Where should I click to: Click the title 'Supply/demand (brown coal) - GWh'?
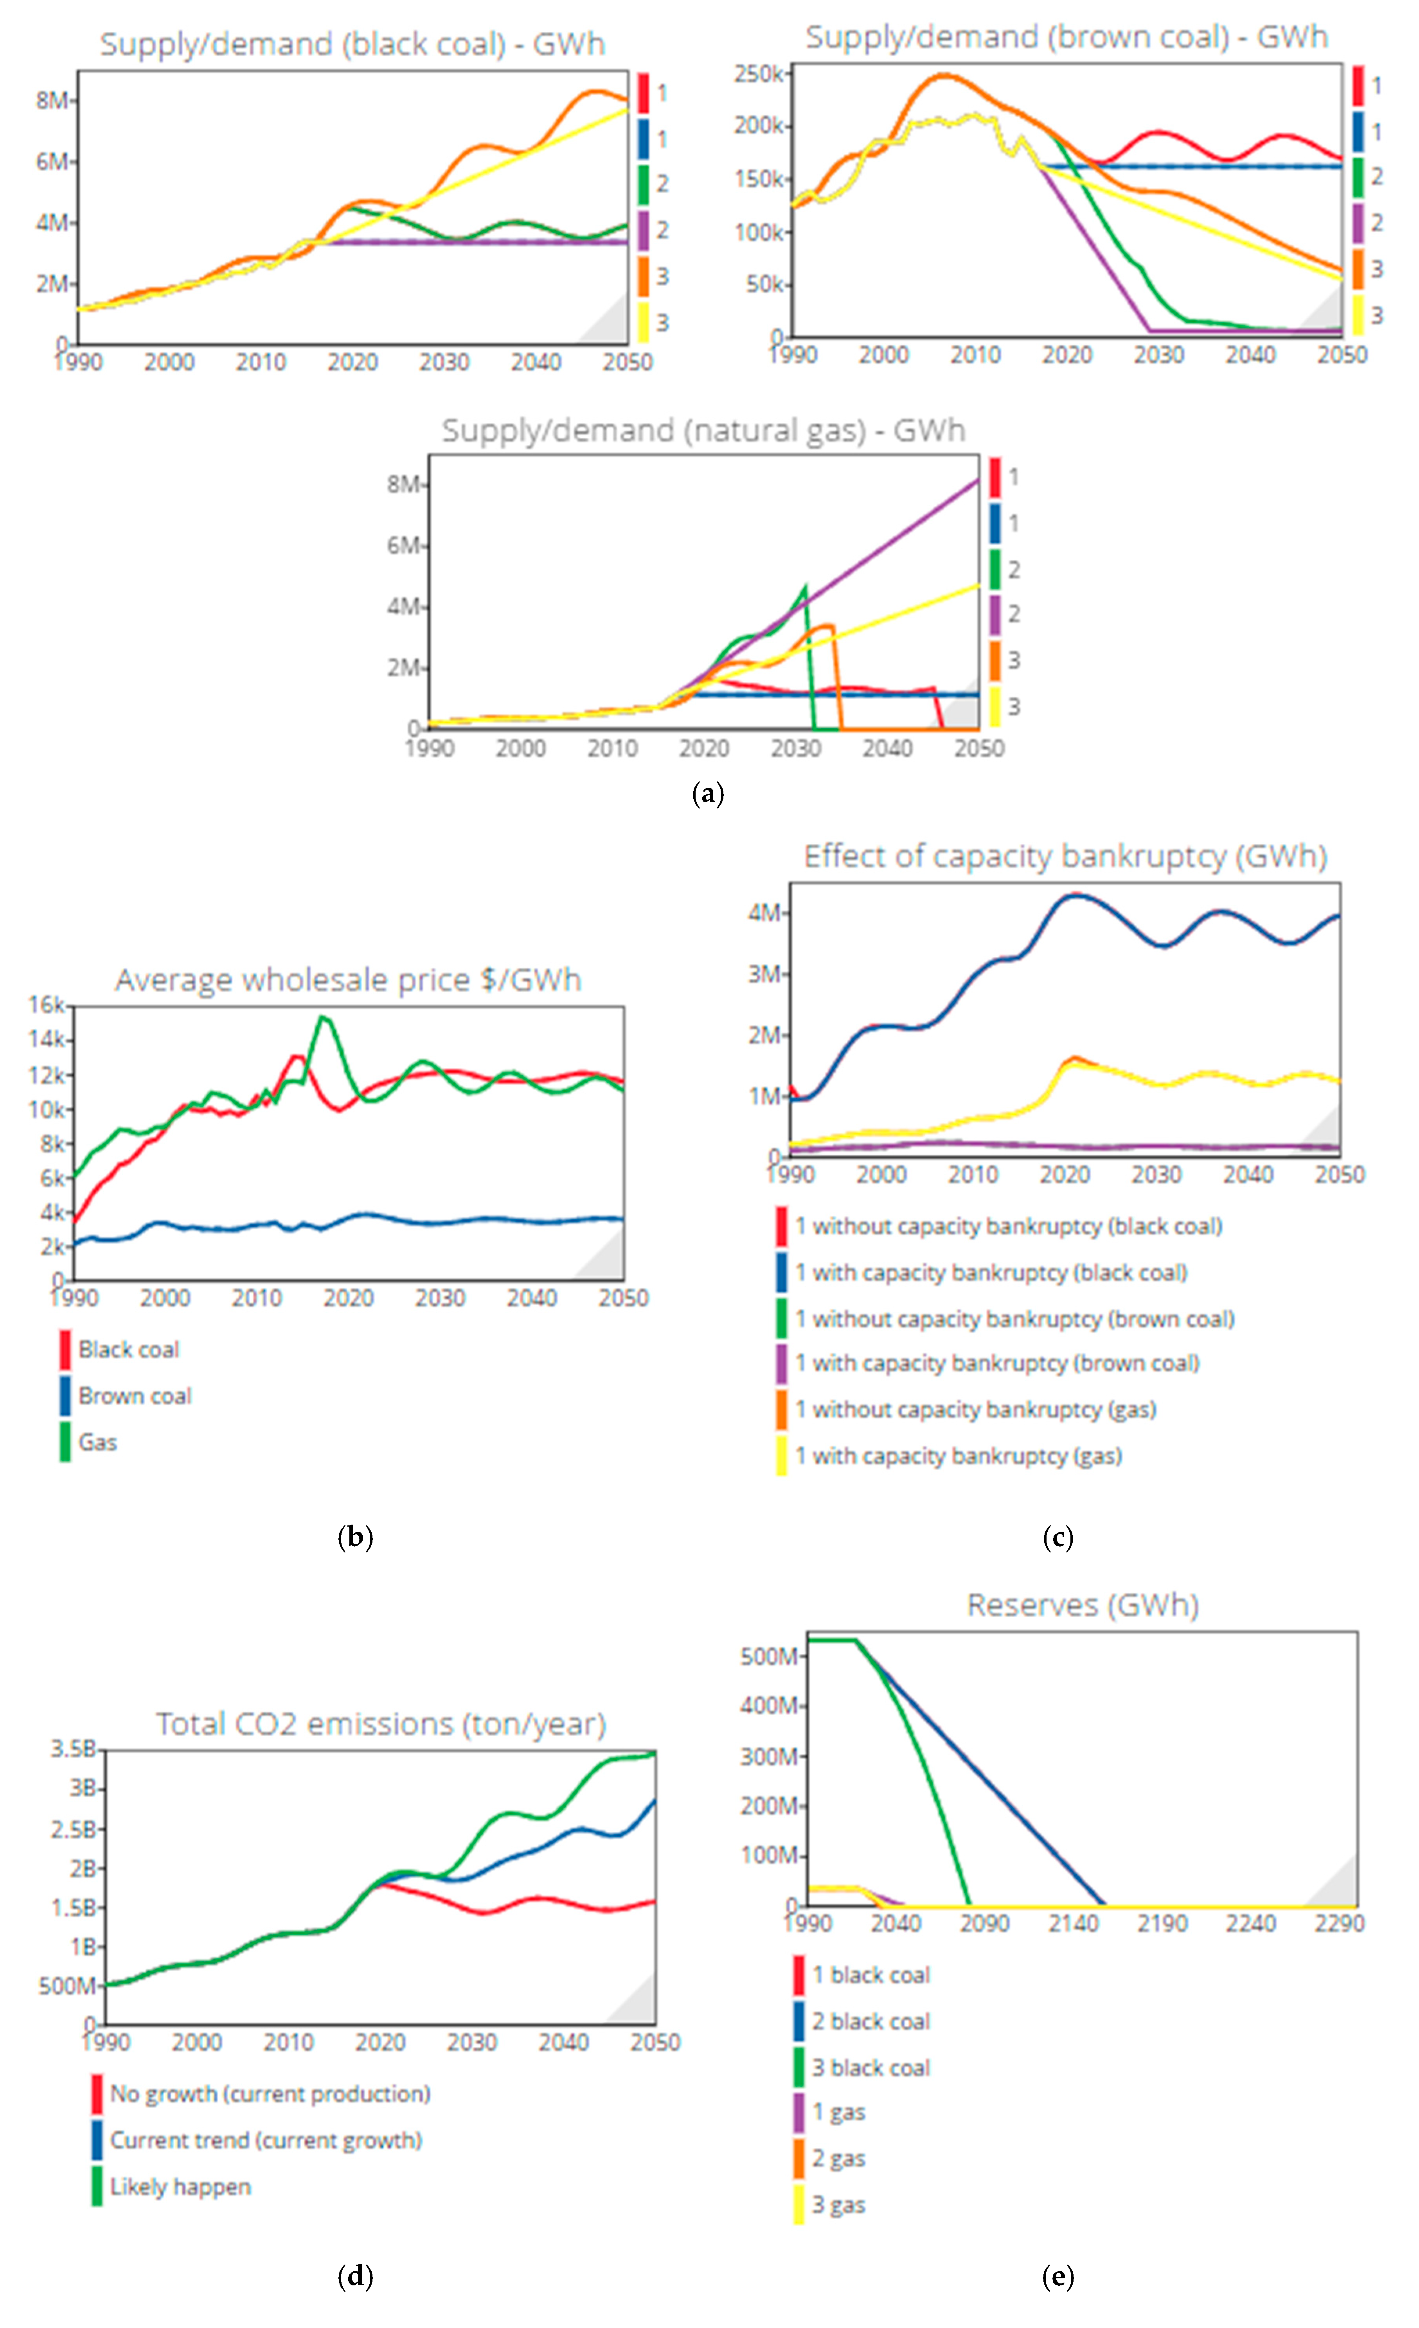(1066, 37)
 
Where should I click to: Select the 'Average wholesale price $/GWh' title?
(348, 980)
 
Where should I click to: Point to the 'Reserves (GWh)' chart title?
(1083, 1605)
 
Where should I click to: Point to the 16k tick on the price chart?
(45, 1004)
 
